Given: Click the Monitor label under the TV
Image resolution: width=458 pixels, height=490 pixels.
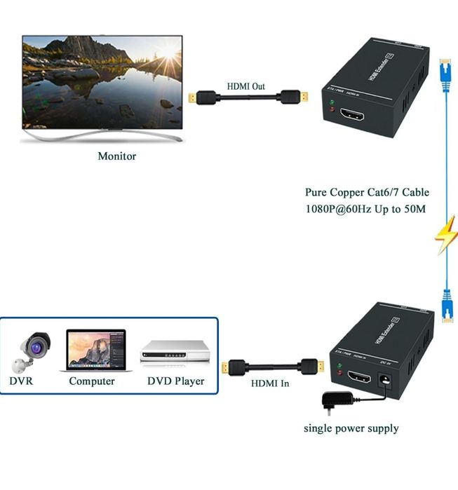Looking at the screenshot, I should click(x=116, y=156).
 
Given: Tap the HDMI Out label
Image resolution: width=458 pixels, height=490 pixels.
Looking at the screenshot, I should click(x=245, y=86).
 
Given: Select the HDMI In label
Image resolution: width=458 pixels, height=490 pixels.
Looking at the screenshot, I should click(x=270, y=383).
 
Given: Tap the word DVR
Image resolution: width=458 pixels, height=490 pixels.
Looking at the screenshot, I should click(x=21, y=381).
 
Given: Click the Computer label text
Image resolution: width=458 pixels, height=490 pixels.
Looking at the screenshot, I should click(x=92, y=381).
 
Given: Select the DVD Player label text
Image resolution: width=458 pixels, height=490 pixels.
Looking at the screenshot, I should click(x=175, y=381).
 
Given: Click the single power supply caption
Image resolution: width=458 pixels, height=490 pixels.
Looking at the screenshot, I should click(x=351, y=428).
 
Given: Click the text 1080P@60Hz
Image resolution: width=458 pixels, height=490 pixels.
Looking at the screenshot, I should click(x=335, y=209).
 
